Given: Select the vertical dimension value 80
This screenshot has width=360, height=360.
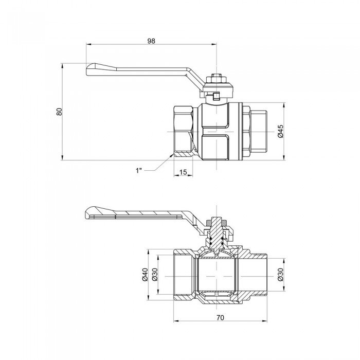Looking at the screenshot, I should (x=59, y=112).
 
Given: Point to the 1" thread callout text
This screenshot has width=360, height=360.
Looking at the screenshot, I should (x=139, y=169).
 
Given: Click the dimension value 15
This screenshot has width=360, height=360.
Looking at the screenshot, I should (x=183, y=172).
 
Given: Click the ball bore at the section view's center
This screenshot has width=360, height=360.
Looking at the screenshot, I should (x=217, y=275).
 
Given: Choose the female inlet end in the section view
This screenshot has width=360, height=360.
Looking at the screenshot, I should (x=183, y=275).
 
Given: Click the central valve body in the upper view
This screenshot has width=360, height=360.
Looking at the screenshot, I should (x=217, y=131).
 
